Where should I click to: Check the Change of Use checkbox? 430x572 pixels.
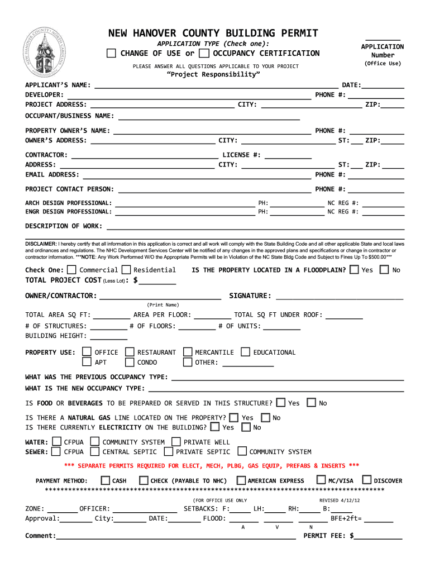112,54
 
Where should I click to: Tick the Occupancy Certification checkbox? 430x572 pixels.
204,54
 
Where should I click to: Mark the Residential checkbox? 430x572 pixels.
126,270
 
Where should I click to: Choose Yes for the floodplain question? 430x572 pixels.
354,270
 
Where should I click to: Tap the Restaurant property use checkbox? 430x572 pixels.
130,352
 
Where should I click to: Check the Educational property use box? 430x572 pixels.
246,352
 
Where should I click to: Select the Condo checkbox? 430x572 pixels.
130,362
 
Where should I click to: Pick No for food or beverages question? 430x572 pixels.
311,403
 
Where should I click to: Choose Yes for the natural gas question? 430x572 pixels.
233,417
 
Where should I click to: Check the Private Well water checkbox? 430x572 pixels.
176,442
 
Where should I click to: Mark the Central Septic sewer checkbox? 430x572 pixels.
95,451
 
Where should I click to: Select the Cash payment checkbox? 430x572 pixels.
106,480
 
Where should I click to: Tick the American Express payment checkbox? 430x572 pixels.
241,480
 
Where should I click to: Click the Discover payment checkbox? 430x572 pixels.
366,480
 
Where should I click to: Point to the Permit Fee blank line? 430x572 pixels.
379,537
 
